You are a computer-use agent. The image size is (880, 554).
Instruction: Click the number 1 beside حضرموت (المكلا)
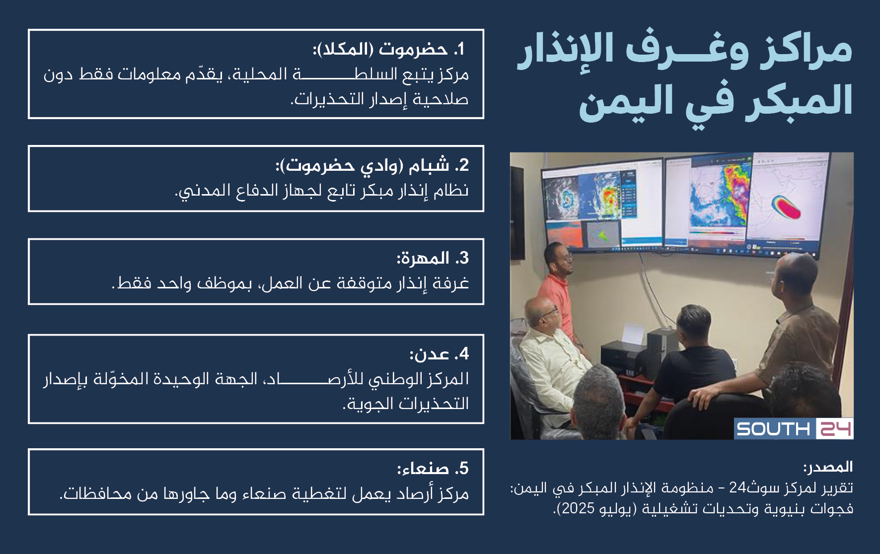click(x=460, y=49)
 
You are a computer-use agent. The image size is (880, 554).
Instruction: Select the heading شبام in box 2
click(x=429, y=165)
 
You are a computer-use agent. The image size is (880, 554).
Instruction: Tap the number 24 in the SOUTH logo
click(x=835, y=428)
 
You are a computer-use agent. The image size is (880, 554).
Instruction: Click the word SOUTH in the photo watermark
click(x=773, y=428)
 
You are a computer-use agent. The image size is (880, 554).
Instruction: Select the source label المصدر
click(x=828, y=467)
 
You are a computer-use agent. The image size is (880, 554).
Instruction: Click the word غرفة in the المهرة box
click(x=451, y=283)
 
